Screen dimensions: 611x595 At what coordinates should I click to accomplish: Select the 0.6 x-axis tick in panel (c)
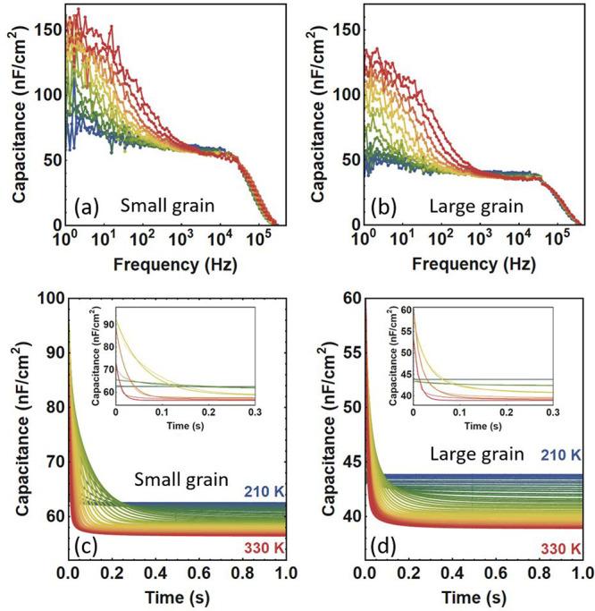click(193, 573)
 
